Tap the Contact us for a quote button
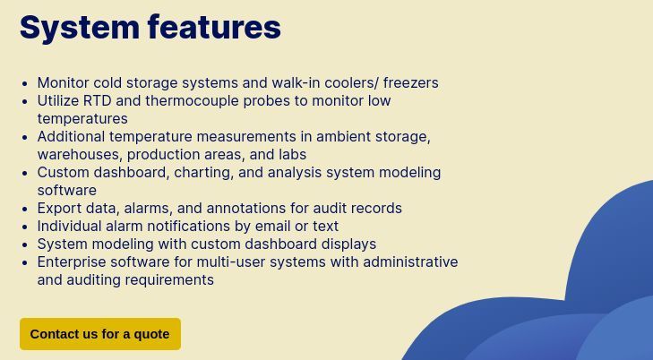[x=99, y=334]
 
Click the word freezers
[x=410, y=82]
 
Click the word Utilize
[x=56, y=100]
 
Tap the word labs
[x=291, y=154]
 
